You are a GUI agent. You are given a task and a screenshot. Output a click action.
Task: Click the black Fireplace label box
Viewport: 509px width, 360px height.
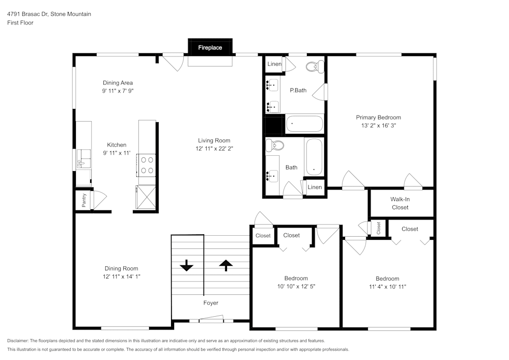(210, 47)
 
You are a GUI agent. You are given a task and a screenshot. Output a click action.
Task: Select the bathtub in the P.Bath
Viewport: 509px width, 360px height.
(304, 124)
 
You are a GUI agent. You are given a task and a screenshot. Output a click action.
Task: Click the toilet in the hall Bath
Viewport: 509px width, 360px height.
(277, 146)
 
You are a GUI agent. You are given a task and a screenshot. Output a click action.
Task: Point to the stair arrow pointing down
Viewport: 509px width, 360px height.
(186, 265)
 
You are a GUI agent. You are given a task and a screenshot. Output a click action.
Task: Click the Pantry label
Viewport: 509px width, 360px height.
(84, 200)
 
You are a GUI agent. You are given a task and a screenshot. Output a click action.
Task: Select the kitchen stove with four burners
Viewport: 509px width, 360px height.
(147, 164)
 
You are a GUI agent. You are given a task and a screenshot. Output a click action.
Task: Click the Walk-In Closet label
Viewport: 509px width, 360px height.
(400, 203)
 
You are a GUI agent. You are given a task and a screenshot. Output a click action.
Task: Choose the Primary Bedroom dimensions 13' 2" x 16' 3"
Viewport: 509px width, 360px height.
(378, 125)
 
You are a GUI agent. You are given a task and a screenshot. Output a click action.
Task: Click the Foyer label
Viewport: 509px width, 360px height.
(211, 303)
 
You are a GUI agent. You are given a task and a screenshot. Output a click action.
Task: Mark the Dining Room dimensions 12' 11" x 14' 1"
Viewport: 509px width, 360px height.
(121, 276)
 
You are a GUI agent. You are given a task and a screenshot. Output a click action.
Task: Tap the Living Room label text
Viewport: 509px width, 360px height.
(214, 141)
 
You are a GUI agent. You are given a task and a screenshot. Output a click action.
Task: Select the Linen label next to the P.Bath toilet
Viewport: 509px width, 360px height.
(274, 64)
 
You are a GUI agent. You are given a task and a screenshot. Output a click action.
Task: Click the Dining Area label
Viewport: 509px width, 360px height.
(118, 83)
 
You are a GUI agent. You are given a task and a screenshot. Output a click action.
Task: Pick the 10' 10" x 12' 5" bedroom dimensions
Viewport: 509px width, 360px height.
(296, 286)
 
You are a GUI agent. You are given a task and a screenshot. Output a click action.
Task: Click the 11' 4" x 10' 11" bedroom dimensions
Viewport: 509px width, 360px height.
(387, 287)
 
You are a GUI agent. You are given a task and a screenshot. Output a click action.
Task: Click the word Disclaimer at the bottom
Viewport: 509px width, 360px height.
(18, 341)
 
